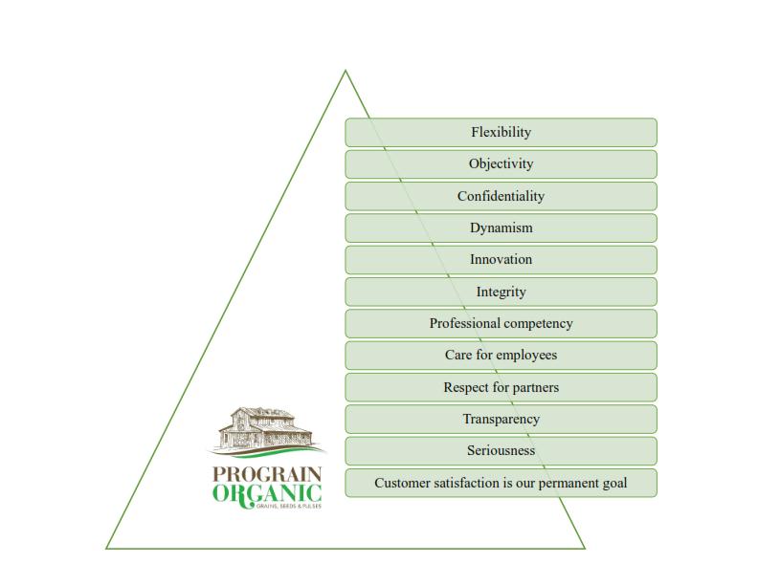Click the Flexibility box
pos(501,132)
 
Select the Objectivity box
pos(501,164)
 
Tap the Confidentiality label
pos(501,196)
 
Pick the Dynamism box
pos(501,227)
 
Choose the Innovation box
pos(501,260)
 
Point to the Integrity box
pos(501,292)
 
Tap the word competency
pos(539,324)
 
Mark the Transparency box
pos(501,419)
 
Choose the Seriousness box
pos(501,451)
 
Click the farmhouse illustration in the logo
pos(267,430)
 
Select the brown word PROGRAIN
pos(267,474)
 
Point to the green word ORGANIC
pos(267,494)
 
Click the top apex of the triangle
pos(346,71)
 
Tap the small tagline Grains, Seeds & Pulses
pos(289,506)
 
